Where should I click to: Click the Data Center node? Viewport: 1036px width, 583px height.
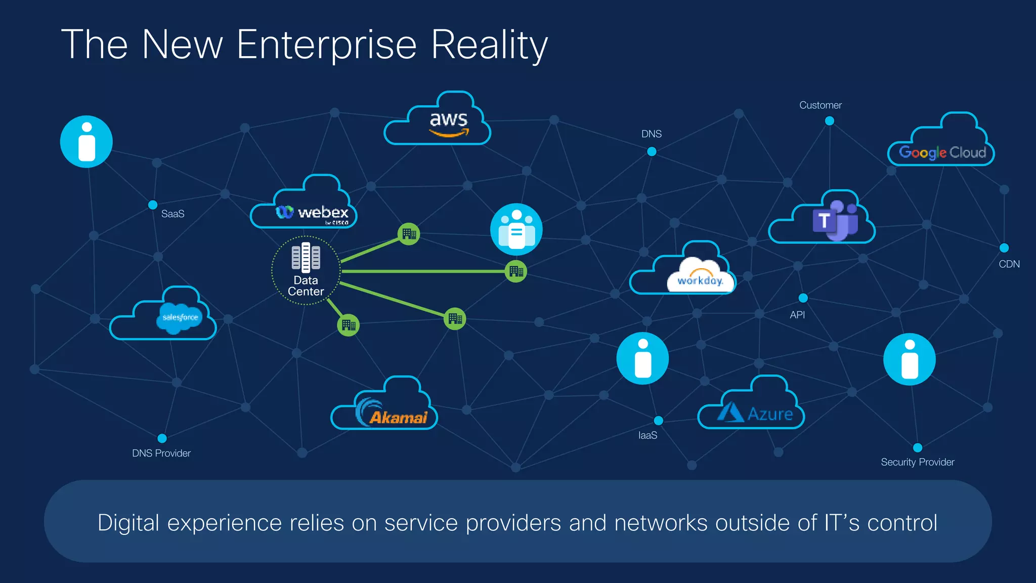[x=306, y=270]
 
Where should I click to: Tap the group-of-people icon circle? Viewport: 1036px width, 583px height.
[x=516, y=229]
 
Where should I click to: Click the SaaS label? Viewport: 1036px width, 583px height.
[x=172, y=214]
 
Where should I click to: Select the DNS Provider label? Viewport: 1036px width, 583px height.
[x=161, y=453]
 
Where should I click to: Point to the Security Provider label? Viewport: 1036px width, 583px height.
[x=917, y=462]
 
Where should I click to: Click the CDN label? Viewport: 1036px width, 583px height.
[x=1009, y=264]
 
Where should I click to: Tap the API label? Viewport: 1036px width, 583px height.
[x=797, y=315]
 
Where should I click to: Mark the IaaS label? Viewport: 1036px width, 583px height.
[x=647, y=436]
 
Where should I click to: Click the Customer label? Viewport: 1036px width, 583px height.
[x=820, y=105]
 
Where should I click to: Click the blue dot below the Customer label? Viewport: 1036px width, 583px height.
[x=829, y=121]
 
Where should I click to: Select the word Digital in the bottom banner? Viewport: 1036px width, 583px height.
[x=128, y=523]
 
